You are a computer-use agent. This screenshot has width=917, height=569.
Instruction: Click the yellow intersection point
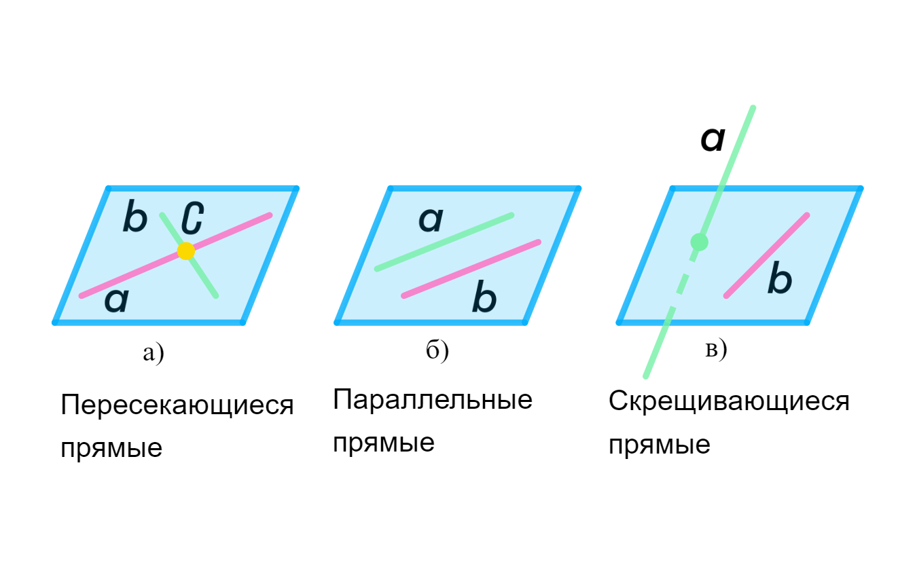click(186, 251)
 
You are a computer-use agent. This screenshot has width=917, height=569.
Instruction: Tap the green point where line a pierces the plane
click(699, 241)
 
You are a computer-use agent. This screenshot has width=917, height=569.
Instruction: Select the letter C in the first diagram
click(192, 219)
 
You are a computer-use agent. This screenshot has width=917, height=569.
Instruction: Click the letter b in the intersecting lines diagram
click(135, 219)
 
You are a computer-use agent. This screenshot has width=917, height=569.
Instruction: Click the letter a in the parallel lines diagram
click(431, 220)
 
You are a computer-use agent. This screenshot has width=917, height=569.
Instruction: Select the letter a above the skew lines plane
click(713, 140)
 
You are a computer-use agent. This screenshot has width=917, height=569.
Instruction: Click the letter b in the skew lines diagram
click(780, 280)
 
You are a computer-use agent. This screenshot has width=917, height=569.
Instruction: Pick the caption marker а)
click(154, 353)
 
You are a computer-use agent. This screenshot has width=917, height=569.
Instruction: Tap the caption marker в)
click(716, 350)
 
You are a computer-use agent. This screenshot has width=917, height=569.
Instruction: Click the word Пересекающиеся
click(177, 407)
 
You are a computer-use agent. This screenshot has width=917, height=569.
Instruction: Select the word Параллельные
click(433, 400)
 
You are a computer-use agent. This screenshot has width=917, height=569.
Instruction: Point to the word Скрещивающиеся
click(729, 401)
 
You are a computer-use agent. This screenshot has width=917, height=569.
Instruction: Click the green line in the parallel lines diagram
click(444, 242)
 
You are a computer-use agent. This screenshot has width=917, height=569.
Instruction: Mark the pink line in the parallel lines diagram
click(471, 268)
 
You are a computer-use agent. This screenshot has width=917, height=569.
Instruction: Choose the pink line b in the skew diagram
click(766, 255)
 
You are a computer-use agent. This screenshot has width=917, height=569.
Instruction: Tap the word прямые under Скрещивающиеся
click(660, 446)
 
